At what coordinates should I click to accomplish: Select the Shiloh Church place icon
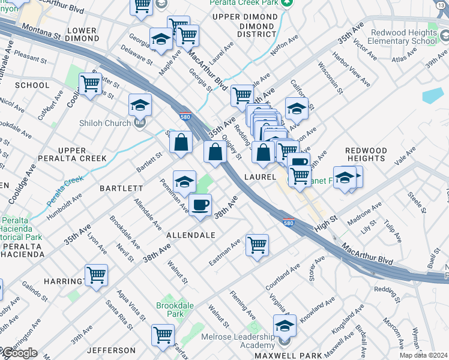pyautogui.click(x=140, y=124)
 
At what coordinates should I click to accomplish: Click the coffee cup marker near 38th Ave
pyautogui.click(x=200, y=205)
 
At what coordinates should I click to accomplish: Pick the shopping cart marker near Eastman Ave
pyautogui.click(x=257, y=244)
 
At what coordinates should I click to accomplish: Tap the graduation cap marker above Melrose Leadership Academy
pyautogui.click(x=285, y=326)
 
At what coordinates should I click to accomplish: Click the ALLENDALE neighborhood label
pyautogui.click(x=190, y=235)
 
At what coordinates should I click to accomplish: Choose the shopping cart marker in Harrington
pyautogui.click(x=96, y=275)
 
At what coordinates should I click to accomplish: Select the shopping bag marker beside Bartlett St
pyautogui.click(x=180, y=143)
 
